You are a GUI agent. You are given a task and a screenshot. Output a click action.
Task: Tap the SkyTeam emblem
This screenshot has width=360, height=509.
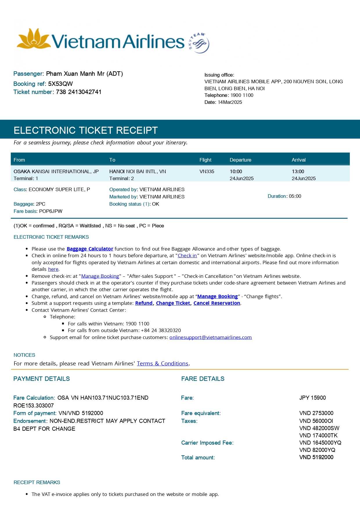pos(199,43)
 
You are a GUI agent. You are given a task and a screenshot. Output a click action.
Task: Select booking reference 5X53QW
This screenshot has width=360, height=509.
pos(60,84)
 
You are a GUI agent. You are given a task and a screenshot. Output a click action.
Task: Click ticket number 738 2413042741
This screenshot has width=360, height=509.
pos(79,92)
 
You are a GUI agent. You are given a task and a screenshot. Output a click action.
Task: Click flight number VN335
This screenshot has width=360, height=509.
pos(207,171)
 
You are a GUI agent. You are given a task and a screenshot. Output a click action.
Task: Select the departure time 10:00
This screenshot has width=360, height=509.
pos(236,171)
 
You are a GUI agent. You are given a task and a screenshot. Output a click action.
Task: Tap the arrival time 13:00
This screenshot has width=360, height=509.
pos(298,171)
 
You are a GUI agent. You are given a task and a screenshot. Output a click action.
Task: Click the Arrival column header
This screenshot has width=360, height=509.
pos(299,160)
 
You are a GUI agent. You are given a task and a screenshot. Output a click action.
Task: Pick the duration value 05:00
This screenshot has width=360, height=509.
pos(295,196)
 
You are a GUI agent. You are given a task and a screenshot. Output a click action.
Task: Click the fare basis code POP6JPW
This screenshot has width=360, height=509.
pos(51,211)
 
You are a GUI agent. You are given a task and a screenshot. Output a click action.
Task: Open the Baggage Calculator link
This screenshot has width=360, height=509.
pos(90,249)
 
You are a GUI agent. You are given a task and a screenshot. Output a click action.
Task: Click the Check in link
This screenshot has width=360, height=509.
pos(187,256)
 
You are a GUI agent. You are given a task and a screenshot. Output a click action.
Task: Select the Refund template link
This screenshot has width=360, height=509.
pos(144,303)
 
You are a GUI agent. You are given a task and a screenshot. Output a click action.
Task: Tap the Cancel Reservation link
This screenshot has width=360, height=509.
pos(217,303)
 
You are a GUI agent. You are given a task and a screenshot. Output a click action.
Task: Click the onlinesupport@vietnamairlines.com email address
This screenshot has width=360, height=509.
pos(211,337)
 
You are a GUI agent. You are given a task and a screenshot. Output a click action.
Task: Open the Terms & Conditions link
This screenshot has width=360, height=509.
pos(163,363)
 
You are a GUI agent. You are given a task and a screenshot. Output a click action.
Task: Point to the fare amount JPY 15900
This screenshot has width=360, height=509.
pos(312,398)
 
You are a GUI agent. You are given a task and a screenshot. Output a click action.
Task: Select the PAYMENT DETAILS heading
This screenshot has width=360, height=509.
pos(41,379)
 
